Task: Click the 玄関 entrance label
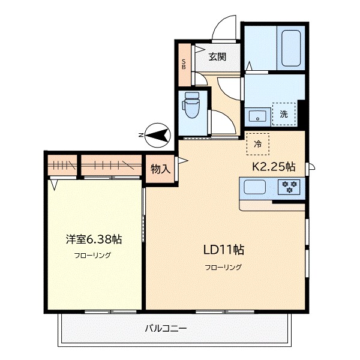tap(217, 57)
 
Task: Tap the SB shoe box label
tap(184, 64)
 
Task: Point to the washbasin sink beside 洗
tap(259, 114)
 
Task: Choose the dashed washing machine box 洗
tap(284, 113)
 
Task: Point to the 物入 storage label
tap(160, 169)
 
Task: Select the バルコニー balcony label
tap(166, 328)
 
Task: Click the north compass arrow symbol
tap(157, 136)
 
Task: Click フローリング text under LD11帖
tap(223, 267)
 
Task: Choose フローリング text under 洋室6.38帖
tap(93, 255)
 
